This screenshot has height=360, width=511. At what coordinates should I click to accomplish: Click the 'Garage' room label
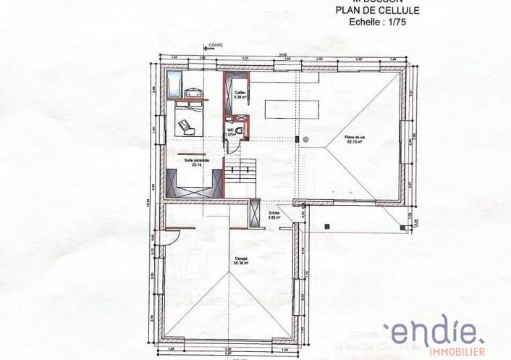239,258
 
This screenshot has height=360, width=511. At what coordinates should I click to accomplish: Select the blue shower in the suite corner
174,84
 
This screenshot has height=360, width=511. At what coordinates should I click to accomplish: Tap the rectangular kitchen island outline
292,108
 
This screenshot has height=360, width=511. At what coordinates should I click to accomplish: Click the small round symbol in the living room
306,138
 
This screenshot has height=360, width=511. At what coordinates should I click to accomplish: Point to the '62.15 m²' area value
355,143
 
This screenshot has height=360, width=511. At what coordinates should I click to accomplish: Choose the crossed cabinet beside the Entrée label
254,212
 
